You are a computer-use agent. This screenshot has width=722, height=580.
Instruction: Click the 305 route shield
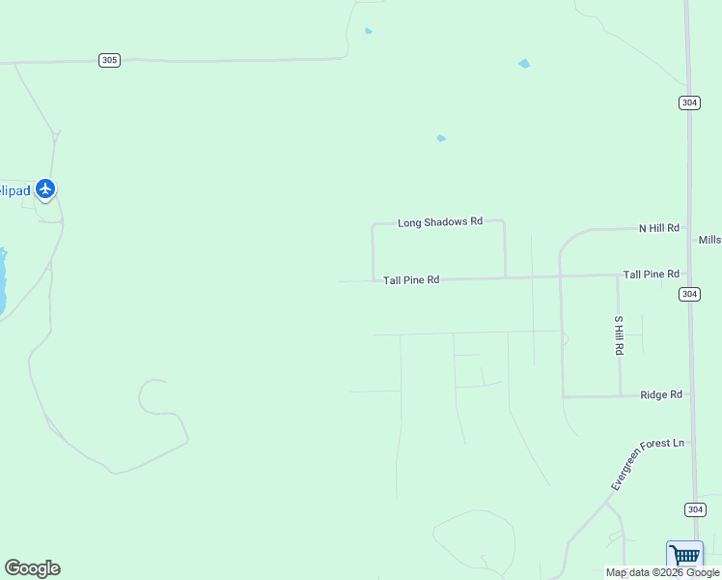click(x=109, y=60)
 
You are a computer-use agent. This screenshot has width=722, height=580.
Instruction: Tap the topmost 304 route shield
click(x=689, y=102)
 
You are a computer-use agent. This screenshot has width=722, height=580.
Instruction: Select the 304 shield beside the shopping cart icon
click(x=695, y=509)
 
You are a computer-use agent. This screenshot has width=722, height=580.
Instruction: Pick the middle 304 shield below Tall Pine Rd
click(x=689, y=294)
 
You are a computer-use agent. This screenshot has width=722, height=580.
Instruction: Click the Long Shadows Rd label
click(x=439, y=222)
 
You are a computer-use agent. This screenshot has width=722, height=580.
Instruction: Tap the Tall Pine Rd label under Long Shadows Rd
click(x=411, y=280)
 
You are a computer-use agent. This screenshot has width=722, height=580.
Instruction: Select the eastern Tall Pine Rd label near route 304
click(x=651, y=275)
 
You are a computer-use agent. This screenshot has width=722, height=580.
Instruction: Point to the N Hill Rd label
click(x=659, y=228)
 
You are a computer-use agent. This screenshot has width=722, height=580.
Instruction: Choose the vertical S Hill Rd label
click(x=619, y=334)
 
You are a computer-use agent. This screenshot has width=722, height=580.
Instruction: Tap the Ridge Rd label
click(x=662, y=394)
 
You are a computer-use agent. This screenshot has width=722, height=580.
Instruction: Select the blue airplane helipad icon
click(x=45, y=189)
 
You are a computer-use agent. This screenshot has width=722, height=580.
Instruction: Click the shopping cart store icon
click(x=684, y=556)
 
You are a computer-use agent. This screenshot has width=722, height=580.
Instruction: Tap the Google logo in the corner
click(x=32, y=568)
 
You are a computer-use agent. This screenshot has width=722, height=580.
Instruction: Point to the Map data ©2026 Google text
click(x=662, y=572)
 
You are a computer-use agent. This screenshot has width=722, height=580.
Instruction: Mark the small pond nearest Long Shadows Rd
click(x=441, y=138)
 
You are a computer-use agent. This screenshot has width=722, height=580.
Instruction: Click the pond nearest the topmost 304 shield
click(x=524, y=64)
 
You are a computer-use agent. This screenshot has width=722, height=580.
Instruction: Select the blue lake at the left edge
click(x=3, y=280)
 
